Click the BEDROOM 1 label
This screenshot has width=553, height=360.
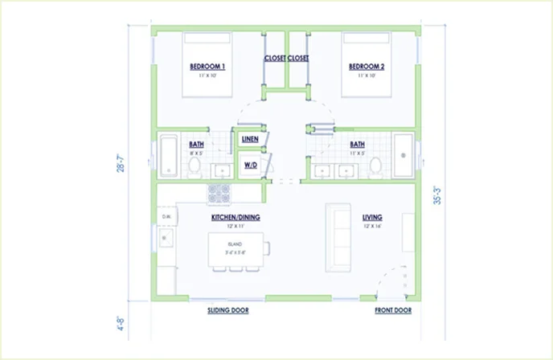click(207, 66)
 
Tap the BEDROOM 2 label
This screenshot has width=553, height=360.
click(366, 66)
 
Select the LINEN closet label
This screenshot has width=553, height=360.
click(249, 140)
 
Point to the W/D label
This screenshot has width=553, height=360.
click(249, 166)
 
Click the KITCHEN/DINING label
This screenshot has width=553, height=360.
click(236, 218)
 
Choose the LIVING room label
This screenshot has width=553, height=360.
click(371, 218)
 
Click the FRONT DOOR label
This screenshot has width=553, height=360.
click(393, 309)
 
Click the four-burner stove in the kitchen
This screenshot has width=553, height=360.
click(219, 194)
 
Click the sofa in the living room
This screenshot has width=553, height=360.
click(336, 237)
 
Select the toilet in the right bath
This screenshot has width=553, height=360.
click(375, 166)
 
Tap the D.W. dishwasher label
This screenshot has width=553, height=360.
click(166, 217)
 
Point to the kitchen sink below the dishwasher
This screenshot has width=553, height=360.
click(167, 239)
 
